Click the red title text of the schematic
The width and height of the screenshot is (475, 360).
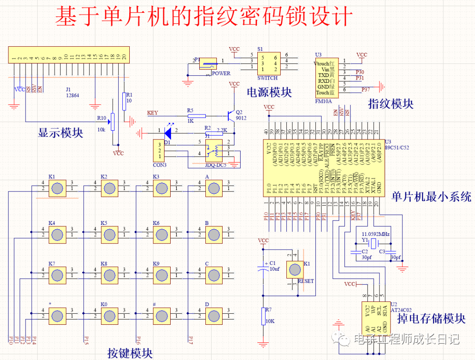coord(204,17)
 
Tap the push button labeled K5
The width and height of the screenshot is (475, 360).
coord(110,235)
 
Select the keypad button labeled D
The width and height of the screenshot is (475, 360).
coord(214,316)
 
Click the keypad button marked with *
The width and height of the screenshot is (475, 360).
coord(57,316)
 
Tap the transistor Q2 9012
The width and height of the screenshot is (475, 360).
coord(230,115)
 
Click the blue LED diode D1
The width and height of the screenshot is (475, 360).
coord(168,131)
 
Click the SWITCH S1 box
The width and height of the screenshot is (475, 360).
coord(268,63)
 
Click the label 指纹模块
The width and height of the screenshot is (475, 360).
coord(391,104)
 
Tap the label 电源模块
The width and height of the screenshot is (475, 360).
coord(269,92)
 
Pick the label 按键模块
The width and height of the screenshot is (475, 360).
coord(130,353)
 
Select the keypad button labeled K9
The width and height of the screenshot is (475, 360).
coord(161,275)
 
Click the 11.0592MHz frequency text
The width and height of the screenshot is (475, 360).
coord(375,234)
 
